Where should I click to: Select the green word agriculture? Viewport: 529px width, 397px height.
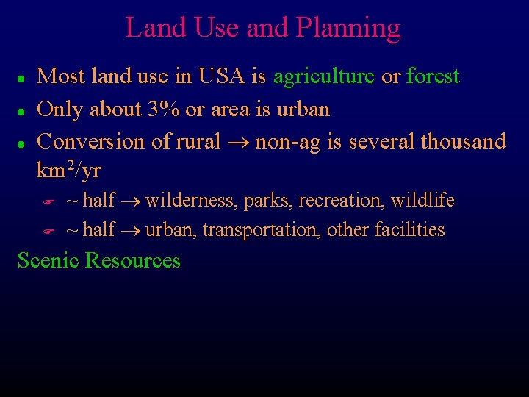click(324, 76)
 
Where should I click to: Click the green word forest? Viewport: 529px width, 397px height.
click(433, 76)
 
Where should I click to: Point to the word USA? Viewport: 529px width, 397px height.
click(237, 76)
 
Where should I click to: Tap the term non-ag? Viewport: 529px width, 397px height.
click(288, 142)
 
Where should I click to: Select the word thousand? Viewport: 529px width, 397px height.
click(464, 141)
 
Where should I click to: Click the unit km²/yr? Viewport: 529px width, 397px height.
click(68, 171)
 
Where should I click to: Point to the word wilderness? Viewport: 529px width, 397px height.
click(192, 201)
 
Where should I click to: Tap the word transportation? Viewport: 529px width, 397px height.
click(262, 230)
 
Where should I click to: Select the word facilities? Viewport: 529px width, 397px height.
click(410, 230)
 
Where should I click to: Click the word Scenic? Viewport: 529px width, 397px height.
click(48, 261)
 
